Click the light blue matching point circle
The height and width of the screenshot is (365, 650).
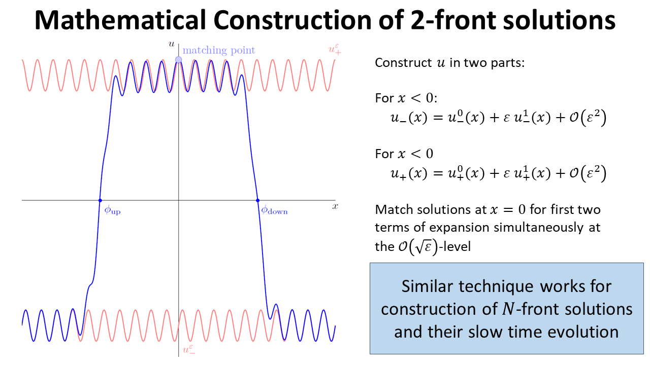coord(178,60)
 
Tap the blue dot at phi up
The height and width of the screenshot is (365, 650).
coord(100,200)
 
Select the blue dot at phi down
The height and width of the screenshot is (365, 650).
coord(257,200)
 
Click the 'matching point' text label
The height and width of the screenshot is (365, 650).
coord(219,50)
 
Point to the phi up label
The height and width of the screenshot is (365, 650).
coord(112,210)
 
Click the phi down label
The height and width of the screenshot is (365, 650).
coord(274,210)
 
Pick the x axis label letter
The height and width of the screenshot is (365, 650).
coord(335,206)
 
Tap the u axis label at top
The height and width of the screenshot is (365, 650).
coord(172,44)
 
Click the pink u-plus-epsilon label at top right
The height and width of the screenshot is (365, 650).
coord(335,49)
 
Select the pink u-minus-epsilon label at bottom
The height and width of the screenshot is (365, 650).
coord(188,349)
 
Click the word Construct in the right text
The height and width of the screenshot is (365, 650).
coord(404,63)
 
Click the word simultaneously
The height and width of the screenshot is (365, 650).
coord(539,228)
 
